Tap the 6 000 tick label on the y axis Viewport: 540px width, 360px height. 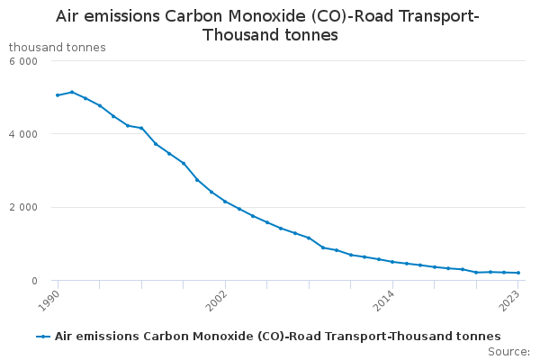click(22, 61)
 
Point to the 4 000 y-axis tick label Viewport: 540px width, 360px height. click(22, 134)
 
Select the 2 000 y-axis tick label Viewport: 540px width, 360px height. click(22, 208)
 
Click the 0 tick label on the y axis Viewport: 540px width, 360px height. click(32, 281)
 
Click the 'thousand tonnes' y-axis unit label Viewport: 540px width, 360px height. click(57, 47)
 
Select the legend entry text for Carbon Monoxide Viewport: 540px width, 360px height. click(277, 336)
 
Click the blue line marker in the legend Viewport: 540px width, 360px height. click(43, 336)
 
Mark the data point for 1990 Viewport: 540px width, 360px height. click(58, 95)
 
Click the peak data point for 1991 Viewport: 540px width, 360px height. click(72, 92)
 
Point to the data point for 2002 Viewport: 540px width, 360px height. click(225, 202)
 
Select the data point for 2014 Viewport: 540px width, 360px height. click(392, 262)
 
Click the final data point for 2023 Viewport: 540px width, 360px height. click(518, 273)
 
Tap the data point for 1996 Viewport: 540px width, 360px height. click(141, 128)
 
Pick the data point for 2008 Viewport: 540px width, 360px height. click(309, 238)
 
